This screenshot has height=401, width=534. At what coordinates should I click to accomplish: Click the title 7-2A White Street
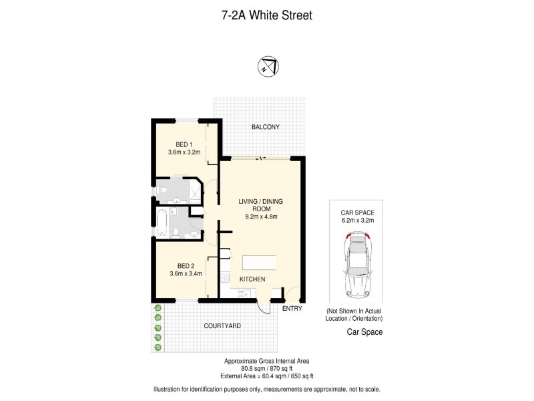[x=266, y=15]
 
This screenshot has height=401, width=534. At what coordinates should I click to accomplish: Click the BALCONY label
[x=265, y=127]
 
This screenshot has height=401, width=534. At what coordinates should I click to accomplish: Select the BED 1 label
[x=184, y=144]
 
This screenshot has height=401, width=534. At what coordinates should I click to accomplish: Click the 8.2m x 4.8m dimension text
[x=260, y=217]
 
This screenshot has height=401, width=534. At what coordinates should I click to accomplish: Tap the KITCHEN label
[x=253, y=279]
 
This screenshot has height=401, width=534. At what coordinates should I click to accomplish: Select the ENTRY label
[x=292, y=309]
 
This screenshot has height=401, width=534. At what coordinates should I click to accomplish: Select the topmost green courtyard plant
[x=158, y=308]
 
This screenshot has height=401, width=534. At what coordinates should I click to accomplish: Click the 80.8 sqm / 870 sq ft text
[x=266, y=367]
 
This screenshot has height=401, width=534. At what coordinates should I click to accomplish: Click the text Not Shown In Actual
[x=354, y=312]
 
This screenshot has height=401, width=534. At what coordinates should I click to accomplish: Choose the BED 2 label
[x=184, y=264]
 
